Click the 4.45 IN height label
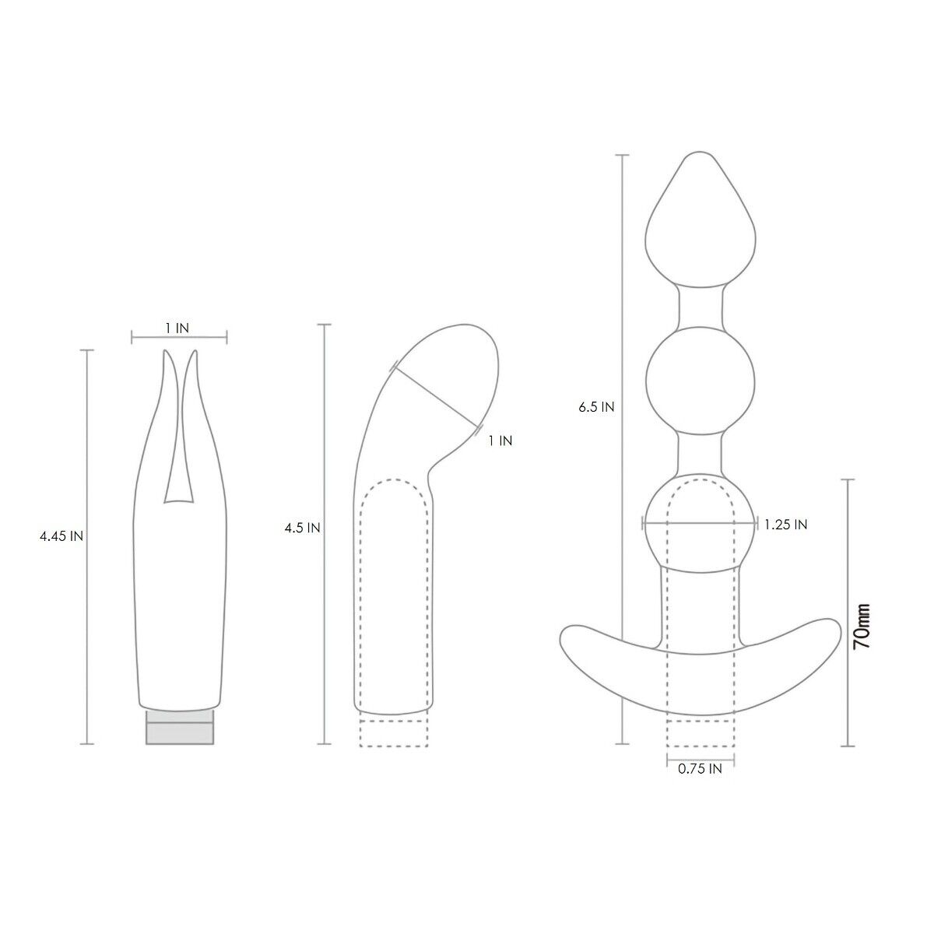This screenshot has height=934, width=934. coord(61,536)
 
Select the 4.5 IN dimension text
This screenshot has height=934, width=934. coord(303,528)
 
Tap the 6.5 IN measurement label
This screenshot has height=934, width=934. coord(597,406)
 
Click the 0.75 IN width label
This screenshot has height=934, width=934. coord(700,769)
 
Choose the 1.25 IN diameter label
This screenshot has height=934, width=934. coord(785,525)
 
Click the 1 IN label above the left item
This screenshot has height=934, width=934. coord(177,328)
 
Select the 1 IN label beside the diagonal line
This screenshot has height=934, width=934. coord(500,441)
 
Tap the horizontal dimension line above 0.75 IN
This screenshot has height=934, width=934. coord(700,756)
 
